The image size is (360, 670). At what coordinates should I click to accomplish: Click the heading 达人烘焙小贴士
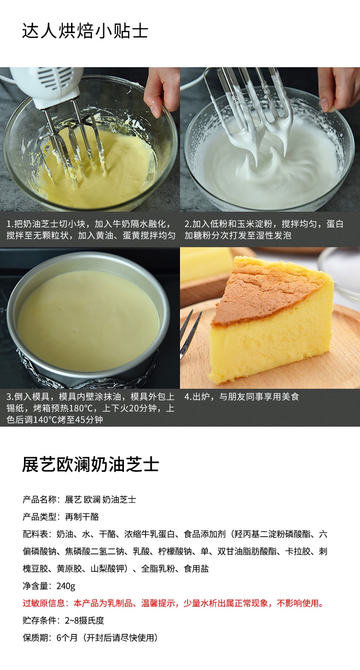pos(85,31)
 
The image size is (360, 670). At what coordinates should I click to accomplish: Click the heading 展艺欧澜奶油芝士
pos(90,465)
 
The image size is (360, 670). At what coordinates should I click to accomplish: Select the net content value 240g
pos(66,586)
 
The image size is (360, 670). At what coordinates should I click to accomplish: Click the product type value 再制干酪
pos(82,516)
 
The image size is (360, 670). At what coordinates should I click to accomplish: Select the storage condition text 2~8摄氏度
pos(84,621)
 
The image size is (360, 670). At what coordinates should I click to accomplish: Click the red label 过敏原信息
pos(44,603)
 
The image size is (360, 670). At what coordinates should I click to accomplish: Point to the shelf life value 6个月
pos(67,638)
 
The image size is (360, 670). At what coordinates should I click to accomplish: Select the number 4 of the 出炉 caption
pos(187,397)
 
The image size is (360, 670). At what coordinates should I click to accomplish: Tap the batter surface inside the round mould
pos(88,320)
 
